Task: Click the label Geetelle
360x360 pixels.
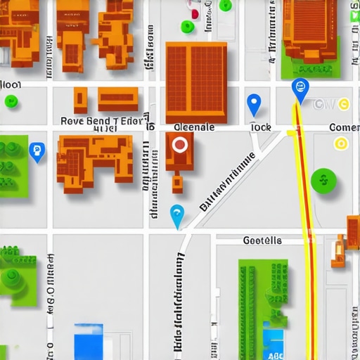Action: click(262, 240)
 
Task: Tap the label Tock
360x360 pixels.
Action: click(260, 127)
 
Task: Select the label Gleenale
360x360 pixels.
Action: click(193, 127)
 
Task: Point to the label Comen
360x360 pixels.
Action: click(345, 127)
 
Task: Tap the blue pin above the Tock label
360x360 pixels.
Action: click(254, 104)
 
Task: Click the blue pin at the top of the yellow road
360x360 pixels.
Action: click(300, 90)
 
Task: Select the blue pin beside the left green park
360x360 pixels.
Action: click(37, 150)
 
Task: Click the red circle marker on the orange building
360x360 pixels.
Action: click(180, 146)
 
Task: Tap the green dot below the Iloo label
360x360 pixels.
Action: click(11, 101)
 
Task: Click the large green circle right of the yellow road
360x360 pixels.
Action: click(323, 180)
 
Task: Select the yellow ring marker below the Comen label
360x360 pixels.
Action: click(341, 144)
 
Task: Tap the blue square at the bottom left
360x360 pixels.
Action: click(89, 341)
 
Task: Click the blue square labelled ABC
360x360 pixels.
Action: click(274, 345)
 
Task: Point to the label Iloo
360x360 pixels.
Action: click(11, 85)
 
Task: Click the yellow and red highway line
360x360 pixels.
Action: click(307, 232)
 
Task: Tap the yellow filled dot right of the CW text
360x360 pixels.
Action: click(343, 105)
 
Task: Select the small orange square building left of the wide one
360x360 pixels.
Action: click(81, 97)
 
